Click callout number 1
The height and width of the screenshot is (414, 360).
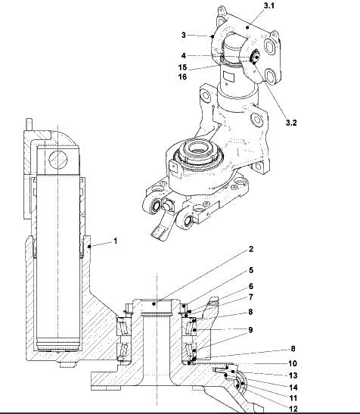(x=115, y=241)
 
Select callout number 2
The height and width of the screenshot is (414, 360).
(x=251, y=249)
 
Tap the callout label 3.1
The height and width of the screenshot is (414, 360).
(x=269, y=5)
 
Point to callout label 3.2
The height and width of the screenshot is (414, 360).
(x=291, y=123)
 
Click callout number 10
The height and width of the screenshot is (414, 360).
(x=293, y=363)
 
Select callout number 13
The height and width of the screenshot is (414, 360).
(x=293, y=375)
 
